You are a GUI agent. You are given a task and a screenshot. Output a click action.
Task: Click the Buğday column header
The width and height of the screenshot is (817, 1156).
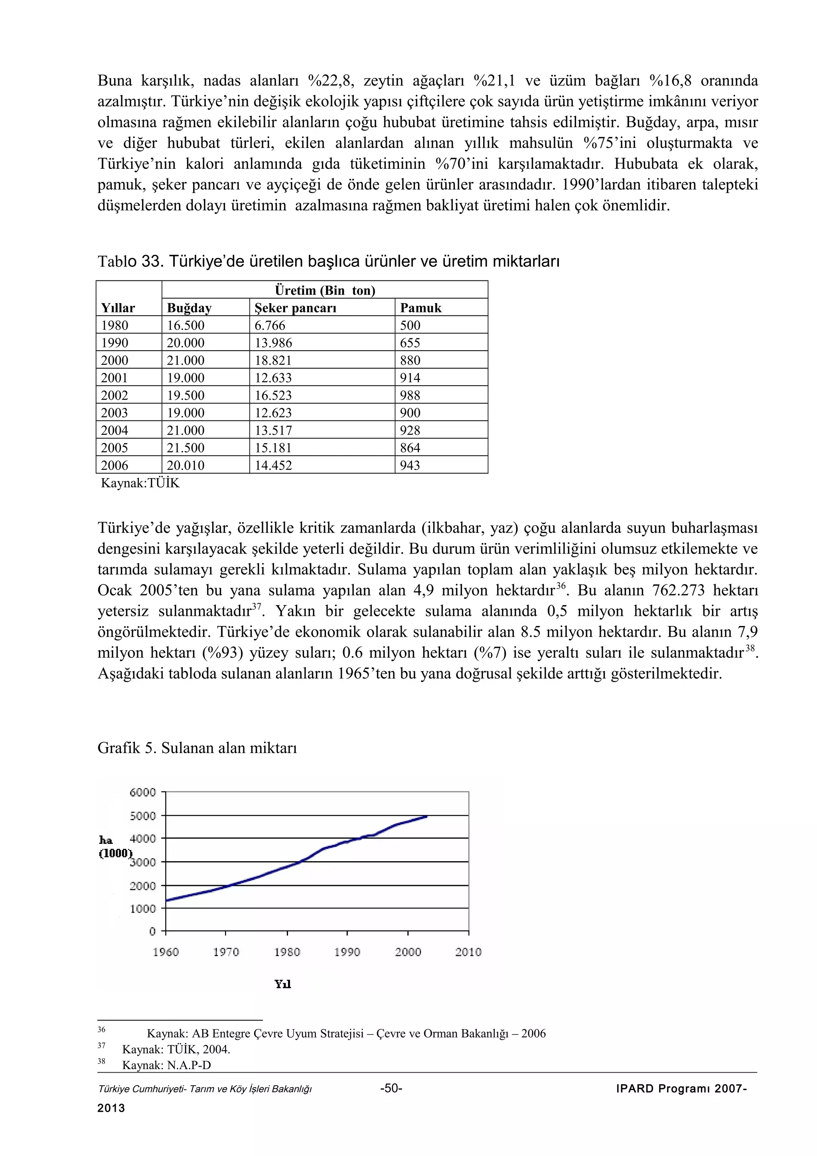click(x=189, y=308)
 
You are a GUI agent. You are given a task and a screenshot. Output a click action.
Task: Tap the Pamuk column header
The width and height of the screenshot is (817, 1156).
click(x=420, y=308)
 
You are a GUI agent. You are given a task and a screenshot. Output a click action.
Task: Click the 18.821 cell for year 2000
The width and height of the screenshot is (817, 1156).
click(x=273, y=360)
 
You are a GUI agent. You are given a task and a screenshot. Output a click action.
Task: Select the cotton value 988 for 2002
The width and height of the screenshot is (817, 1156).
click(x=410, y=395)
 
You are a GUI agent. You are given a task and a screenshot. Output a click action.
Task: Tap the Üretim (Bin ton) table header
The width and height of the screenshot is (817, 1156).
click(x=325, y=290)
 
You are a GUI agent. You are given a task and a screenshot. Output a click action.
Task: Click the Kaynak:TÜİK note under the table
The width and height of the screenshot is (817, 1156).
click(x=140, y=483)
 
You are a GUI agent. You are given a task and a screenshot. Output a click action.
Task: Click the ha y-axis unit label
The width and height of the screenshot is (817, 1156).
click(x=106, y=840)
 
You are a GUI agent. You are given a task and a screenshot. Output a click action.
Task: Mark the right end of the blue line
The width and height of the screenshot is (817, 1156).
click(x=426, y=816)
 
